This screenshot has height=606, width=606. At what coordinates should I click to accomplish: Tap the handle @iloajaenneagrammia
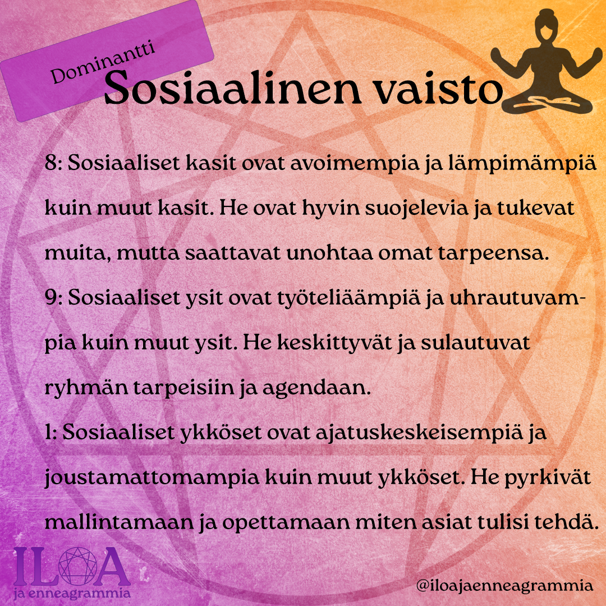[x=504, y=585]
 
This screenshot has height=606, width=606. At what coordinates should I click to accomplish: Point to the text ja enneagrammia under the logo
[x=71, y=593]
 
